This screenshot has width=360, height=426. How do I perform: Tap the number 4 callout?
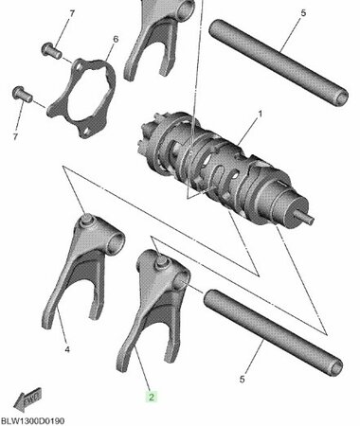(67, 349)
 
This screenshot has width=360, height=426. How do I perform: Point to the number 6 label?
(115, 39)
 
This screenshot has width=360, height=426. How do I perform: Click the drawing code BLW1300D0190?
(35, 417)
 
